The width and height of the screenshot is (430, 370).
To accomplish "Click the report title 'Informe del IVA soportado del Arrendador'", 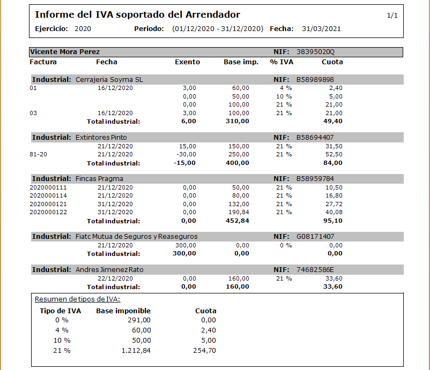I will [137, 14].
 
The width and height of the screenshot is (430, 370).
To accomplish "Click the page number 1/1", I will [392, 16].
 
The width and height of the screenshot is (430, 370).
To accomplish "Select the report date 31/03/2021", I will [321, 29].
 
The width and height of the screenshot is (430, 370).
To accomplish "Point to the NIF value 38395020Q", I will [315, 52].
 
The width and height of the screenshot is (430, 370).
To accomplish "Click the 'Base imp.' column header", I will [241, 62].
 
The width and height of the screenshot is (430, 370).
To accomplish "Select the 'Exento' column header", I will [187, 62].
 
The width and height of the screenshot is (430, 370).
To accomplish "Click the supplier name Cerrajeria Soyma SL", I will [109, 79].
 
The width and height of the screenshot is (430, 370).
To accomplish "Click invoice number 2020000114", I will [48, 195].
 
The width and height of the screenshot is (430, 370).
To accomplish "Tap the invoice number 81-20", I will [38, 154].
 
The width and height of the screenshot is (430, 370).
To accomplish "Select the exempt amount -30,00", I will [187, 154].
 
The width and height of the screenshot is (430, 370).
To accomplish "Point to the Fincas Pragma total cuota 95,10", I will [333, 221].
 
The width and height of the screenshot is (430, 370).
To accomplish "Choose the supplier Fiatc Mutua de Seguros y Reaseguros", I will [136, 236].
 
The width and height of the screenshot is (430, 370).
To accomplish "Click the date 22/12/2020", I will [115, 278].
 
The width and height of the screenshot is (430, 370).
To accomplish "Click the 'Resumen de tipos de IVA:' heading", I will [77, 299].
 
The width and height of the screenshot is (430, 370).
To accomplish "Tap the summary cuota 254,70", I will [204, 351].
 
